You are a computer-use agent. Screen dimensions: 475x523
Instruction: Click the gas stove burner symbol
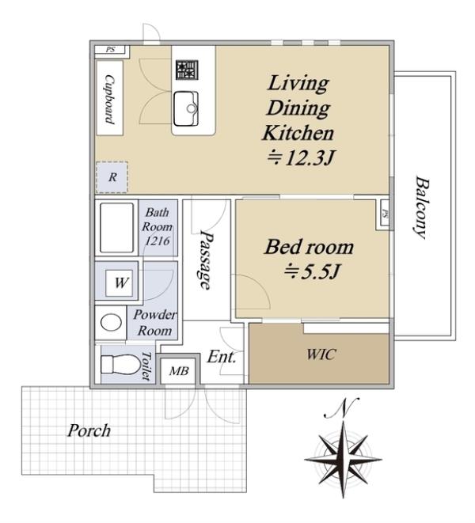[x=187, y=70]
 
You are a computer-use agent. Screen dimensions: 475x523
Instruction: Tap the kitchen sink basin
[x=186, y=108]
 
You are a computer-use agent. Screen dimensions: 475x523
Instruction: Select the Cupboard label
[x=110, y=99]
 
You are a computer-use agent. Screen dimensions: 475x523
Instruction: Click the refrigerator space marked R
[x=112, y=177]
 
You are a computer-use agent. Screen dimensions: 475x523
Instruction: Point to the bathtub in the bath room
[x=116, y=228]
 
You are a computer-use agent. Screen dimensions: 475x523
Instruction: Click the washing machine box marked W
[x=121, y=282]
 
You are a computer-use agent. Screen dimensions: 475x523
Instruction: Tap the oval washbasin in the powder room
[x=111, y=323]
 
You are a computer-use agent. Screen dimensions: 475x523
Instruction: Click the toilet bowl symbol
[x=121, y=364]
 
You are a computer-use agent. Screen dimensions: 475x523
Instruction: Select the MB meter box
[x=179, y=370]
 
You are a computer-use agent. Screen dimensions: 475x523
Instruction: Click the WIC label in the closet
[x=321, y=354]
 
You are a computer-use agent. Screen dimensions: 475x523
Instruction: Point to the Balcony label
[x=421, y=207]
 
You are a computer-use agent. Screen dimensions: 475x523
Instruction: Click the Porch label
[x=89, y=430]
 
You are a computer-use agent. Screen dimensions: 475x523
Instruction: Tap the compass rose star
[x=343, y=460]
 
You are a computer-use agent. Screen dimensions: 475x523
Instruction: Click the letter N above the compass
[x=341, y=408]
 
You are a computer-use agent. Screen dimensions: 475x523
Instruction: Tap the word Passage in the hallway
[x=206, y=260]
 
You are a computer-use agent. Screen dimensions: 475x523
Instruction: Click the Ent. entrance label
[x=222, y=357]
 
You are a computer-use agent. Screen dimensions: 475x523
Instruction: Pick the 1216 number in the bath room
[x=157, y=241]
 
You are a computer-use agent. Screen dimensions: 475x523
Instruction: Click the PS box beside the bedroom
[x=384, y=214]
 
